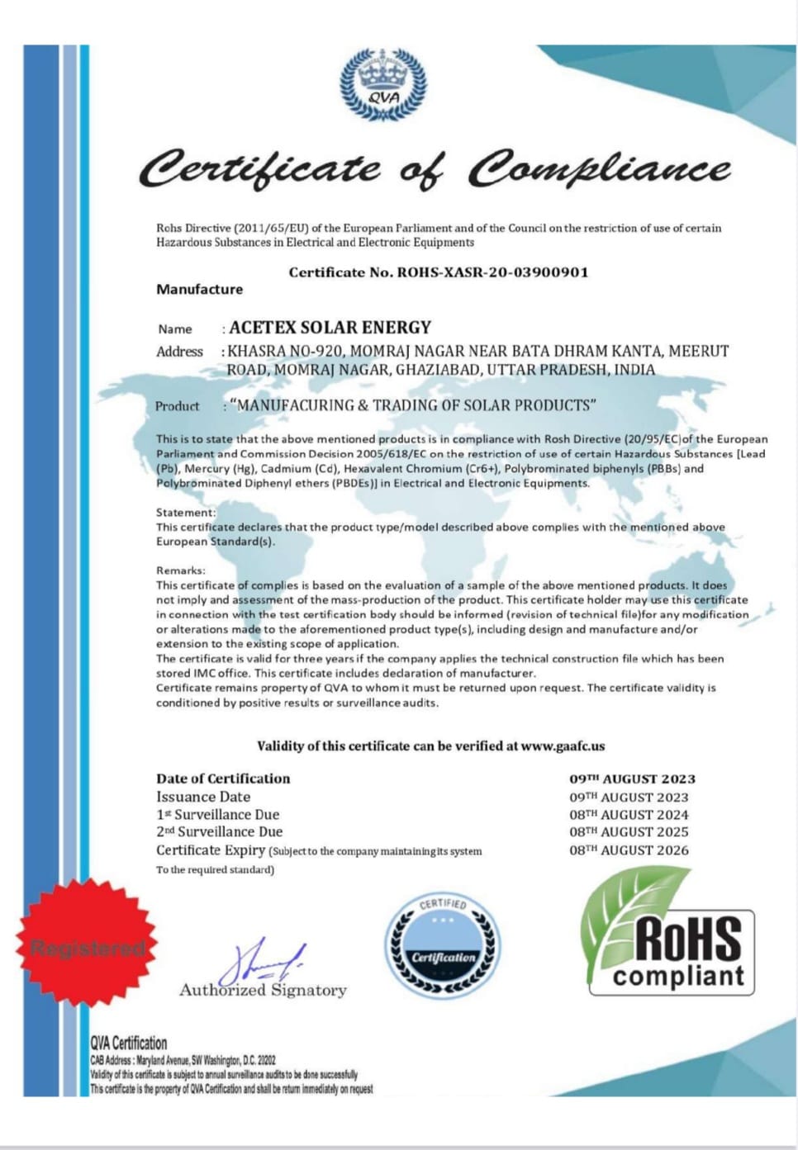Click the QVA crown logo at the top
pos(383,84)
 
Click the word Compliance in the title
pos(599,169)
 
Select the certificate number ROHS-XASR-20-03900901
pos(492,272)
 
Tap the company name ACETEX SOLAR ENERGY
pos(330,328)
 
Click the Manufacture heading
pos(199,290)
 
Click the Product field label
pos(177,406)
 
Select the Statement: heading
pos(185,513)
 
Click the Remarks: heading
pos(180,570)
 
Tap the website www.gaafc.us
pos(563,746)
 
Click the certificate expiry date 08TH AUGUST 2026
pos(628,850)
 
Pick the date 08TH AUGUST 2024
pos(628,815)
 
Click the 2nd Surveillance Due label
pos(219,832)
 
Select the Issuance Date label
pos(203,797)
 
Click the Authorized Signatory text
pos(263,990)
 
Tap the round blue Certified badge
pos(443,945)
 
